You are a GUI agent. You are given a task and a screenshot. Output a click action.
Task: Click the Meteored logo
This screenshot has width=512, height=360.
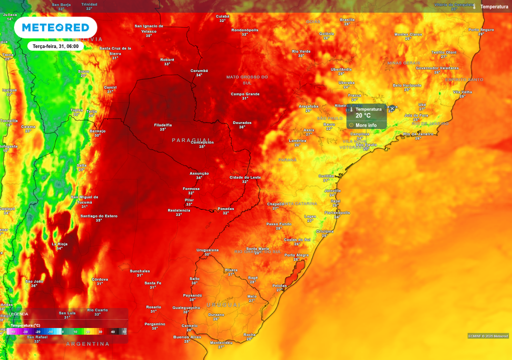coord(55,27)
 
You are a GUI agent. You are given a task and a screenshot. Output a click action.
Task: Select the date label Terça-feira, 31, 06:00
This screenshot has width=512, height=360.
coord(55,46)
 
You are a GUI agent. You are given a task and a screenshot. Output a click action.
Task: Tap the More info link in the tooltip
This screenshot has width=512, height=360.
coord(366,125)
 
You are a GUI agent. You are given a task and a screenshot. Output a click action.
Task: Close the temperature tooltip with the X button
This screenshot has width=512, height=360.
coord(392,108)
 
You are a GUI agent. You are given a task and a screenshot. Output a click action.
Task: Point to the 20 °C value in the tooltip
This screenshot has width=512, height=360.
coord(363,115)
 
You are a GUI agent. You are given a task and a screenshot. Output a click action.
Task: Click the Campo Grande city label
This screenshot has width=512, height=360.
coord(245,94)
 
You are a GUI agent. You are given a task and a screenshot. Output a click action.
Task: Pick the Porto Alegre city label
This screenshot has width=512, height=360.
coord(296,255)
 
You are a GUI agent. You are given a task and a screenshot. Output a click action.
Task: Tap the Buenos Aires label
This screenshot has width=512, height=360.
coord(187,337)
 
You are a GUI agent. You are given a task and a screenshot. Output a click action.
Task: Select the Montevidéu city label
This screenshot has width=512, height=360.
coord(221,342)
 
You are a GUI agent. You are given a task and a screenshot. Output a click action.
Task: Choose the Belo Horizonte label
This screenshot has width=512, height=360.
coord(407,85)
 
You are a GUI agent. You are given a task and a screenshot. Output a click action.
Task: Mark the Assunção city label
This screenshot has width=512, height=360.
coord(199,173)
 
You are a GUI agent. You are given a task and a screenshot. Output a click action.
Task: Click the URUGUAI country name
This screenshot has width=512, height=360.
coord(223,304)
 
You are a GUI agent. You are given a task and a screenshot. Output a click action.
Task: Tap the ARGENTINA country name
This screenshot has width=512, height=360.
coord(88,344)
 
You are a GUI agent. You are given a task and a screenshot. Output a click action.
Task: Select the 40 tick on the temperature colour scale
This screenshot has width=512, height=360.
coord(112,331)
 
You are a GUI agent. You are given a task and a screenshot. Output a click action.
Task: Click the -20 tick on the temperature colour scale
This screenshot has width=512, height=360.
coord(37,331)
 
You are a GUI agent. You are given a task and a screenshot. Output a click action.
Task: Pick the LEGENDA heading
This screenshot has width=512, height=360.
coord(18,314)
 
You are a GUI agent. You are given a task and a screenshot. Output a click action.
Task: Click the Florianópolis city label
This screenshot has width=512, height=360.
coord(337,213)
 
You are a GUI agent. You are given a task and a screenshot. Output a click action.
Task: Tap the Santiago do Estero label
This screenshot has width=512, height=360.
coord(99,216)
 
